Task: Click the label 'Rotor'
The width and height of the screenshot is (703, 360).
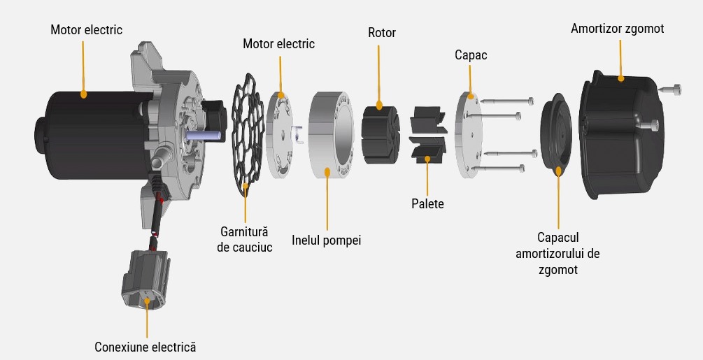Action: tap(381, 33)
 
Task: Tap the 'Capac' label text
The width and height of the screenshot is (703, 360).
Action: tap(470, 55)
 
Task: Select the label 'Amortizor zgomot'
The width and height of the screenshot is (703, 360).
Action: tap(617, 29)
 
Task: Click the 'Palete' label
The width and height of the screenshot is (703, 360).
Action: tap(427, 204)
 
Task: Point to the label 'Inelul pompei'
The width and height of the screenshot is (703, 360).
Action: tap(326, 241)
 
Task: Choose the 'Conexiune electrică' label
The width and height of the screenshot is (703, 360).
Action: tap(145, 347)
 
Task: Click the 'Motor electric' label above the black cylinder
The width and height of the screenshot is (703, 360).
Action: tap(86, 30)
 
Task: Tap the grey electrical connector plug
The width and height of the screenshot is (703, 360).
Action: tap(145, 280)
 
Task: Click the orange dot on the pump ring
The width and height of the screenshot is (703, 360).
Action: tap(327, 170)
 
